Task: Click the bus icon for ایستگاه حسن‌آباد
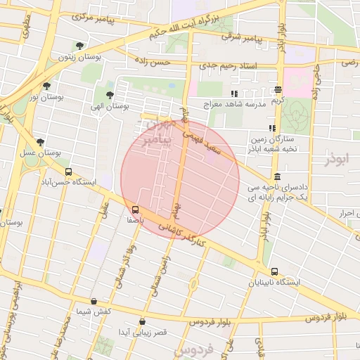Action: pos(68,171)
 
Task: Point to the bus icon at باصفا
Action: pos(135,209)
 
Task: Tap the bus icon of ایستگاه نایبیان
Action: pos(274,271)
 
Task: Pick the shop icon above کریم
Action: pos(279,90)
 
